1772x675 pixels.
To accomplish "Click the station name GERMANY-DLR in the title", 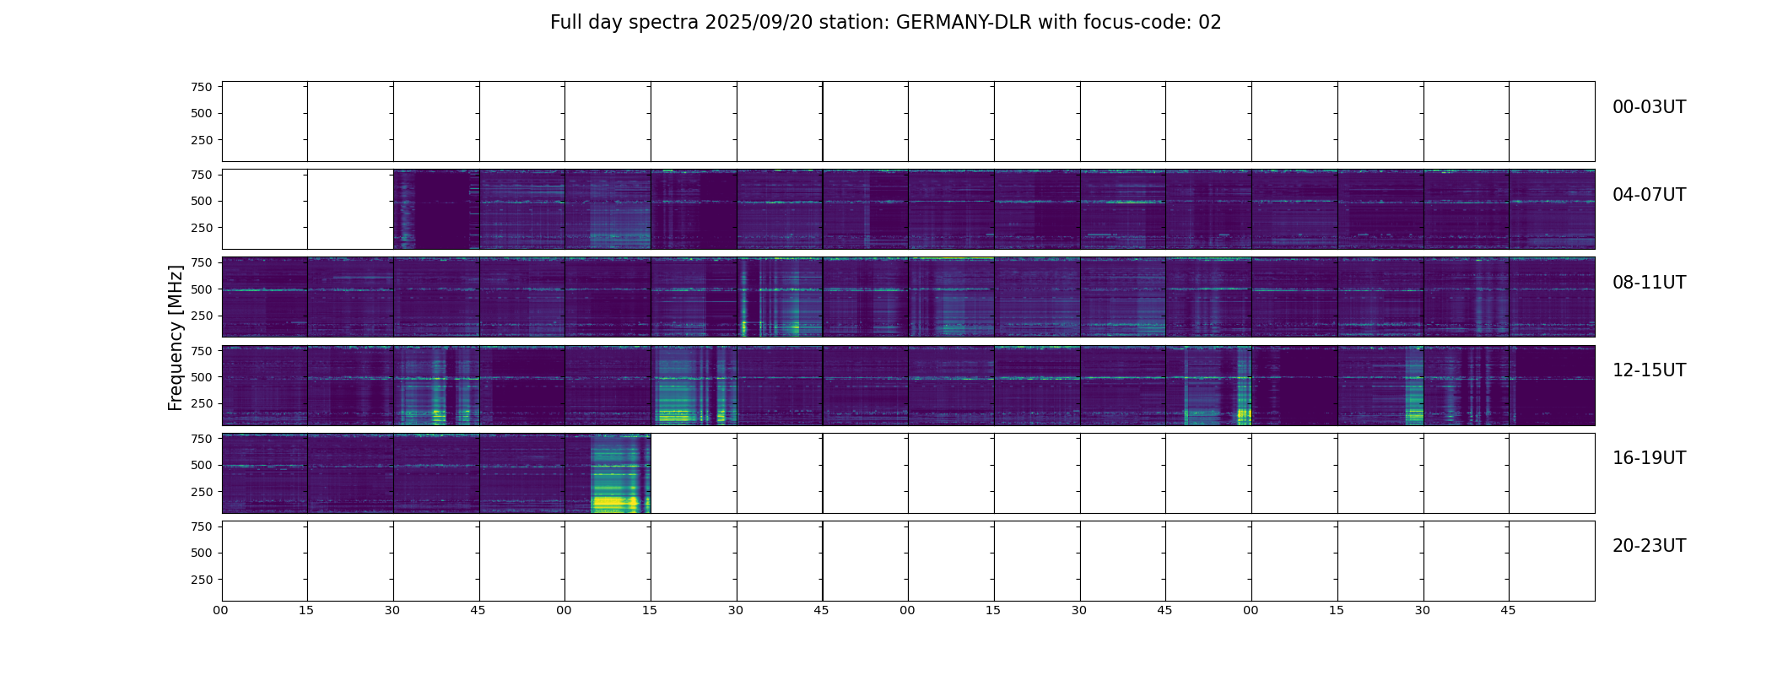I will click(964, 23).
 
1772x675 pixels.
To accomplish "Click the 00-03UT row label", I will click(1649, 107).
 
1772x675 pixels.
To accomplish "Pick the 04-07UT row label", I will click(1649, 195).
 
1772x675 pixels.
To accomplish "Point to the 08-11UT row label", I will click(1649, 283).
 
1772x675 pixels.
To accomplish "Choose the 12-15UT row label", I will click(1649, 370).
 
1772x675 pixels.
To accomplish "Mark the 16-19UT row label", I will click(1649, 458).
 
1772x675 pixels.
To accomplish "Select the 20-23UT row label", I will click(1649, 546).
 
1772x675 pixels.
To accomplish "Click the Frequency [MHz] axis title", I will click(176, 337).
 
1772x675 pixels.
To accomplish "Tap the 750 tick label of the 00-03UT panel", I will click(201, 87).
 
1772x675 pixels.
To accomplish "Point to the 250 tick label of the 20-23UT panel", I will click(201, 580).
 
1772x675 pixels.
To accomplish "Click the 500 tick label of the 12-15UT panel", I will click(201, 377).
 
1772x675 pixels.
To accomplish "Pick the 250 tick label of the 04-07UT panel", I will click(201, 228).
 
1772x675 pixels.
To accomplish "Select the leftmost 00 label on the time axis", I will click(221, 610).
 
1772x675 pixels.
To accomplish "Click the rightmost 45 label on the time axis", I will click(1508, 610).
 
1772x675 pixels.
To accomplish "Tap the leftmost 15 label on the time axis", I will click(306, 610).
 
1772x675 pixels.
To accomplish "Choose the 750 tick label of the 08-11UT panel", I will click(201, 262).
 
